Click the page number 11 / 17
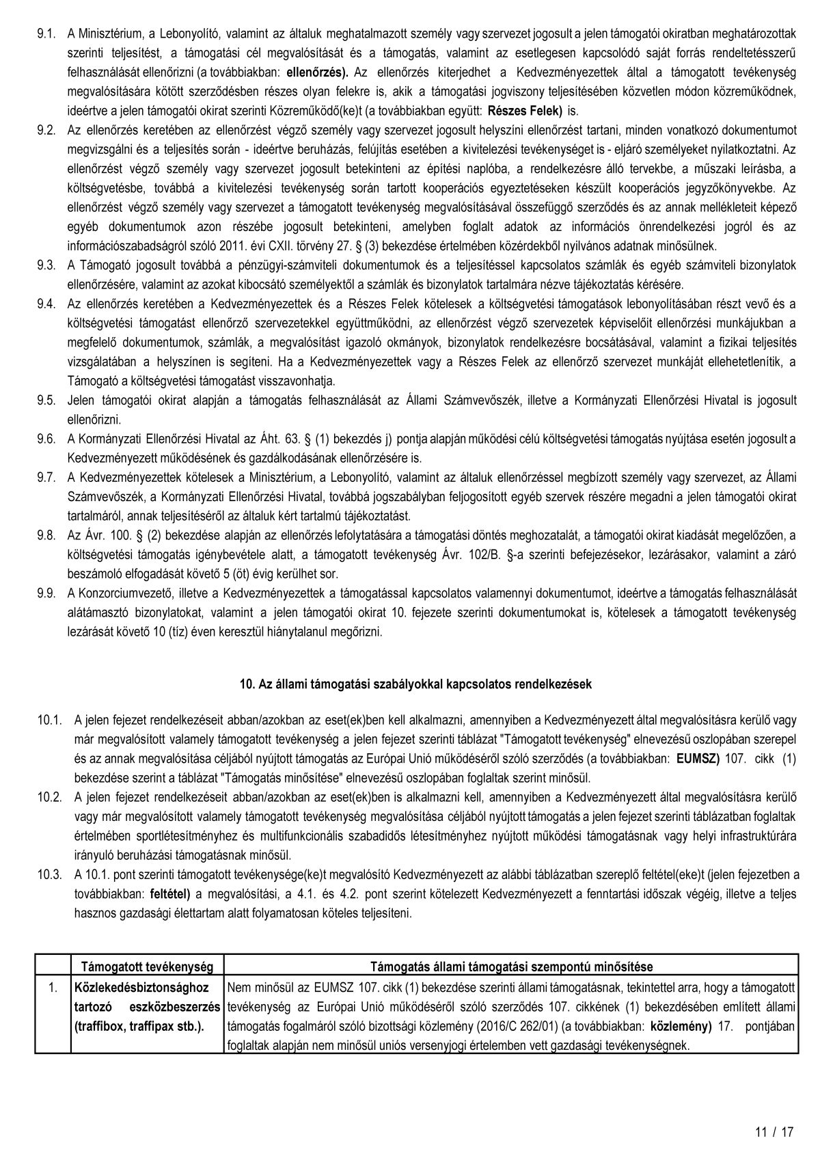(x=774, y=1132)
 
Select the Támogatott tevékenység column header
(x=148, y=967)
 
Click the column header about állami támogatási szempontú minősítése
(x=510, y=967)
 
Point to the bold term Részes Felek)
(x=526, y=111)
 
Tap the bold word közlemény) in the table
(x=681, y=1026)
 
